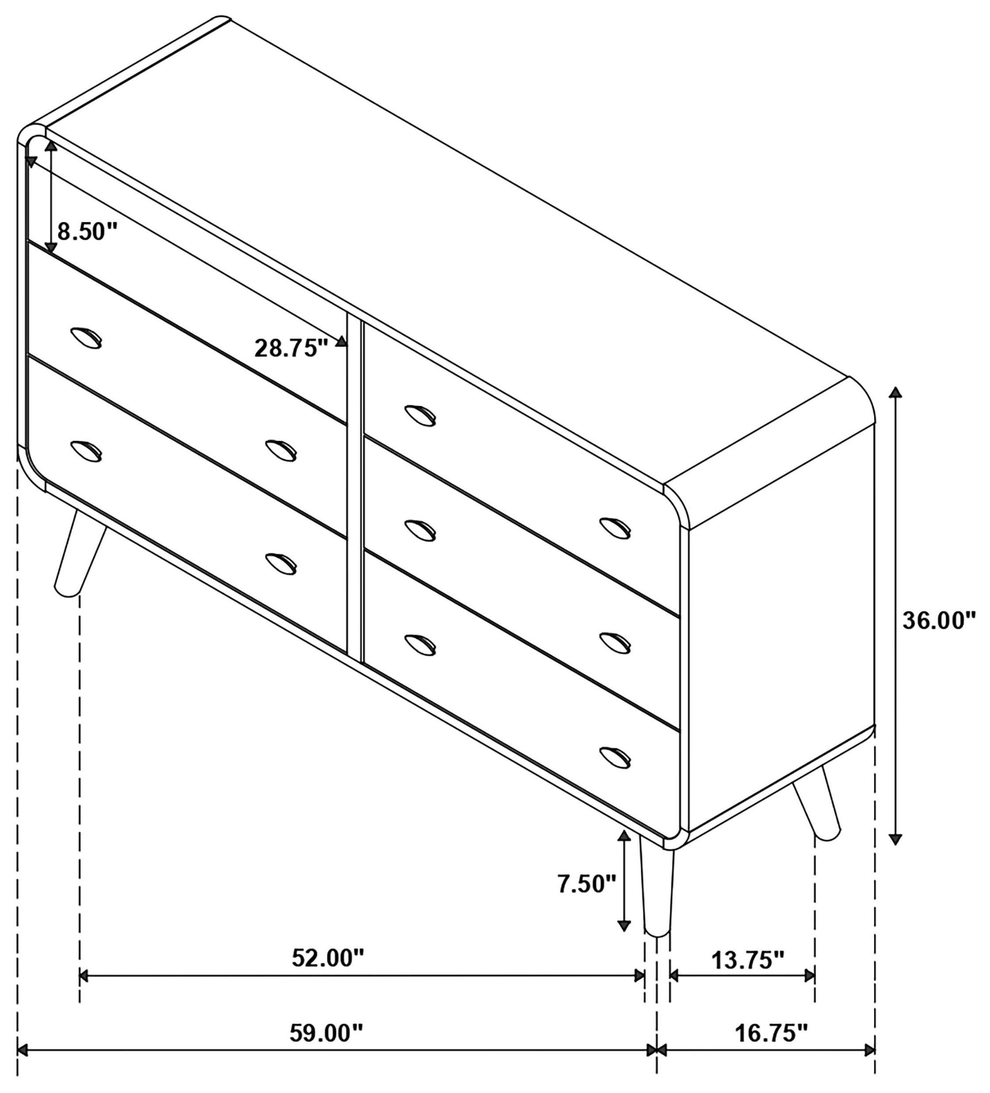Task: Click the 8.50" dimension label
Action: coord(87,232)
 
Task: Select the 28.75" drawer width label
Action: coord(291,348)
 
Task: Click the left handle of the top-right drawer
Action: coord(420,416)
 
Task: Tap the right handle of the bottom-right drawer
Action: coord(615,757)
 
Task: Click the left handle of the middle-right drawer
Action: coord(420,530)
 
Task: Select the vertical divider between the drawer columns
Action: coord(355,488)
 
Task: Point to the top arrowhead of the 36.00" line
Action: coord(896,392)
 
